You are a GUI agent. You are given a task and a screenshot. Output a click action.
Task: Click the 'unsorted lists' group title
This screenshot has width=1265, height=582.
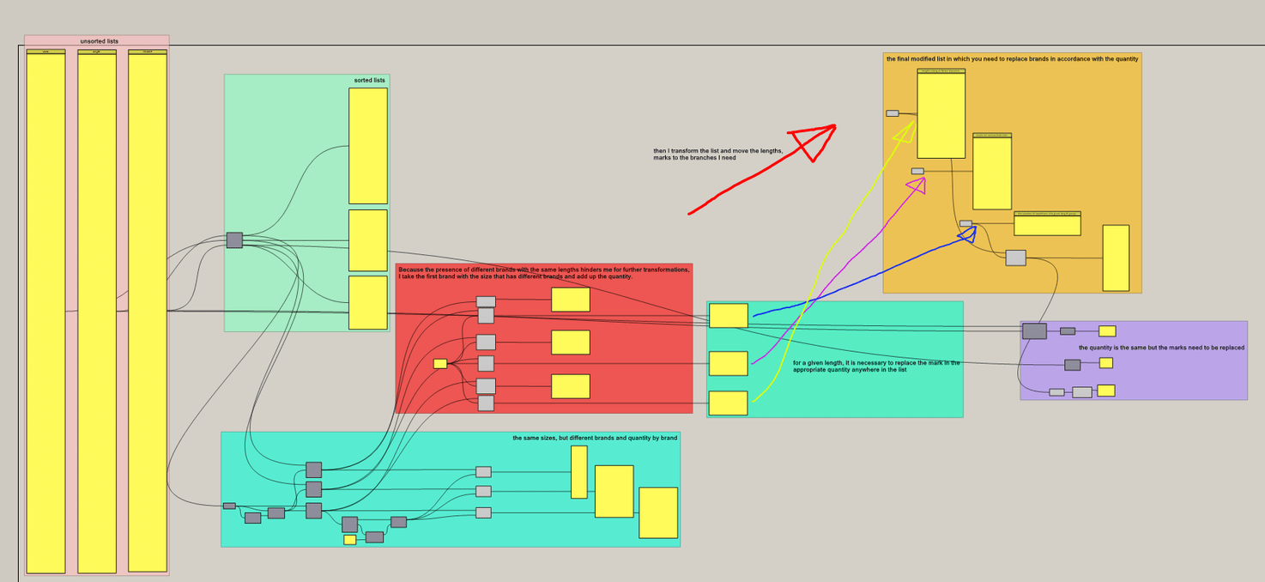point(99,41)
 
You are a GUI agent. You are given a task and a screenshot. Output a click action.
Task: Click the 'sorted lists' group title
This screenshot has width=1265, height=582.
point(369,81)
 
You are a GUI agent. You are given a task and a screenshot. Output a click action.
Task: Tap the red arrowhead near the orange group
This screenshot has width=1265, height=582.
point(814,139)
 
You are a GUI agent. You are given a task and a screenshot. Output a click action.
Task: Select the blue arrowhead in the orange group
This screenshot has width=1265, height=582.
point(967,233)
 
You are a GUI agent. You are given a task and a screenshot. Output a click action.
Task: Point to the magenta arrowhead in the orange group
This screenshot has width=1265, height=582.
point(917,185)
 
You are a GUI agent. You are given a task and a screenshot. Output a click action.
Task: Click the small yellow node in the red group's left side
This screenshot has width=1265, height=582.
point(440,363)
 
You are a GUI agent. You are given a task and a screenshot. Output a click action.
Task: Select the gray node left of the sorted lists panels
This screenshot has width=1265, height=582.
point(234,240)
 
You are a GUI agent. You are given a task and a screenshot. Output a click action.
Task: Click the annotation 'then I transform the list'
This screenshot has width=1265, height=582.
point(717,155)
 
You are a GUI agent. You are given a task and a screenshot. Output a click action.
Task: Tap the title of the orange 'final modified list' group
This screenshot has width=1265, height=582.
point(1012,59)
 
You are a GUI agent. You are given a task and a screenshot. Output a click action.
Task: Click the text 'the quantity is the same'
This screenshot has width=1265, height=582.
point(1160,348)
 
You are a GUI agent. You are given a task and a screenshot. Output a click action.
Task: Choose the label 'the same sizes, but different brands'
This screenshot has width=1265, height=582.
point(595,438)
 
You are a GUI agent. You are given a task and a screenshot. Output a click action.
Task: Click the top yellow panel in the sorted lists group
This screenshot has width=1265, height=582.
point(367,145)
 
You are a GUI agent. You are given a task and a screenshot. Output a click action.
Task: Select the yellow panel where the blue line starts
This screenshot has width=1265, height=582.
point(728,315)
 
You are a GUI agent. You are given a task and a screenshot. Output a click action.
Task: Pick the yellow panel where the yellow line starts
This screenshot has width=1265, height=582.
point(728,403)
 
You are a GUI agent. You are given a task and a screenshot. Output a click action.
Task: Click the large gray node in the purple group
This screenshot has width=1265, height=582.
point(1034,330)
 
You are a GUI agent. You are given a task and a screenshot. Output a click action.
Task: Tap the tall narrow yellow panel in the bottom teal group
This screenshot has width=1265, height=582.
point(578,471)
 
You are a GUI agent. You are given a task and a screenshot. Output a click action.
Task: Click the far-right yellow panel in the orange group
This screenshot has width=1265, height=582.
point(1115,258)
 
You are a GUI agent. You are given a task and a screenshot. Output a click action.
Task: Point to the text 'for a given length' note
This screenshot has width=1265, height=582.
point(875,367)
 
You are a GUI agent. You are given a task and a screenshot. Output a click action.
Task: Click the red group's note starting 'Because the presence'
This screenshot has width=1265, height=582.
point(543,273)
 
